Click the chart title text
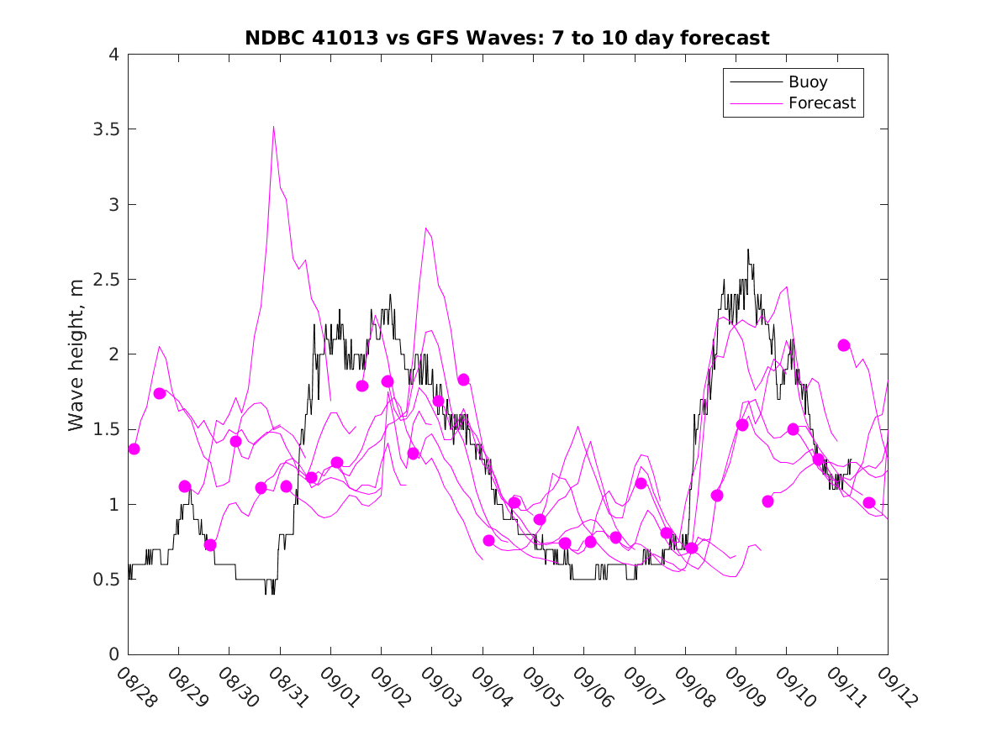pos(507,38)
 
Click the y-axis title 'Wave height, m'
pos(76,355)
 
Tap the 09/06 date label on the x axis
pos(591,687)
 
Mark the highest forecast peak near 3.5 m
pos(274,127)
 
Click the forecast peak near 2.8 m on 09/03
pos(426,228)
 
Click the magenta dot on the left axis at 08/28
pos(134,449)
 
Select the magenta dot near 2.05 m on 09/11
pos(844,345)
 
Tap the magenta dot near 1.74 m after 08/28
pos(160,393)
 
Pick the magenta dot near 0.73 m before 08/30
pos(210,544)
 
